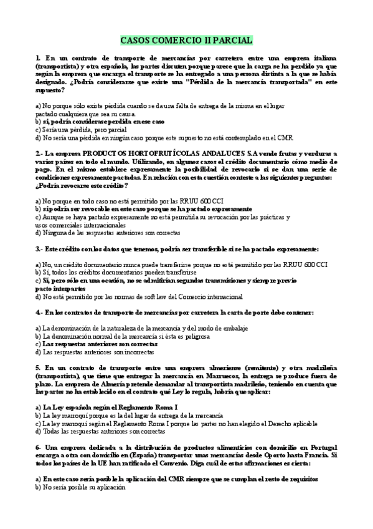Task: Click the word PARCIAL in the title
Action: tap(233, 41)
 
